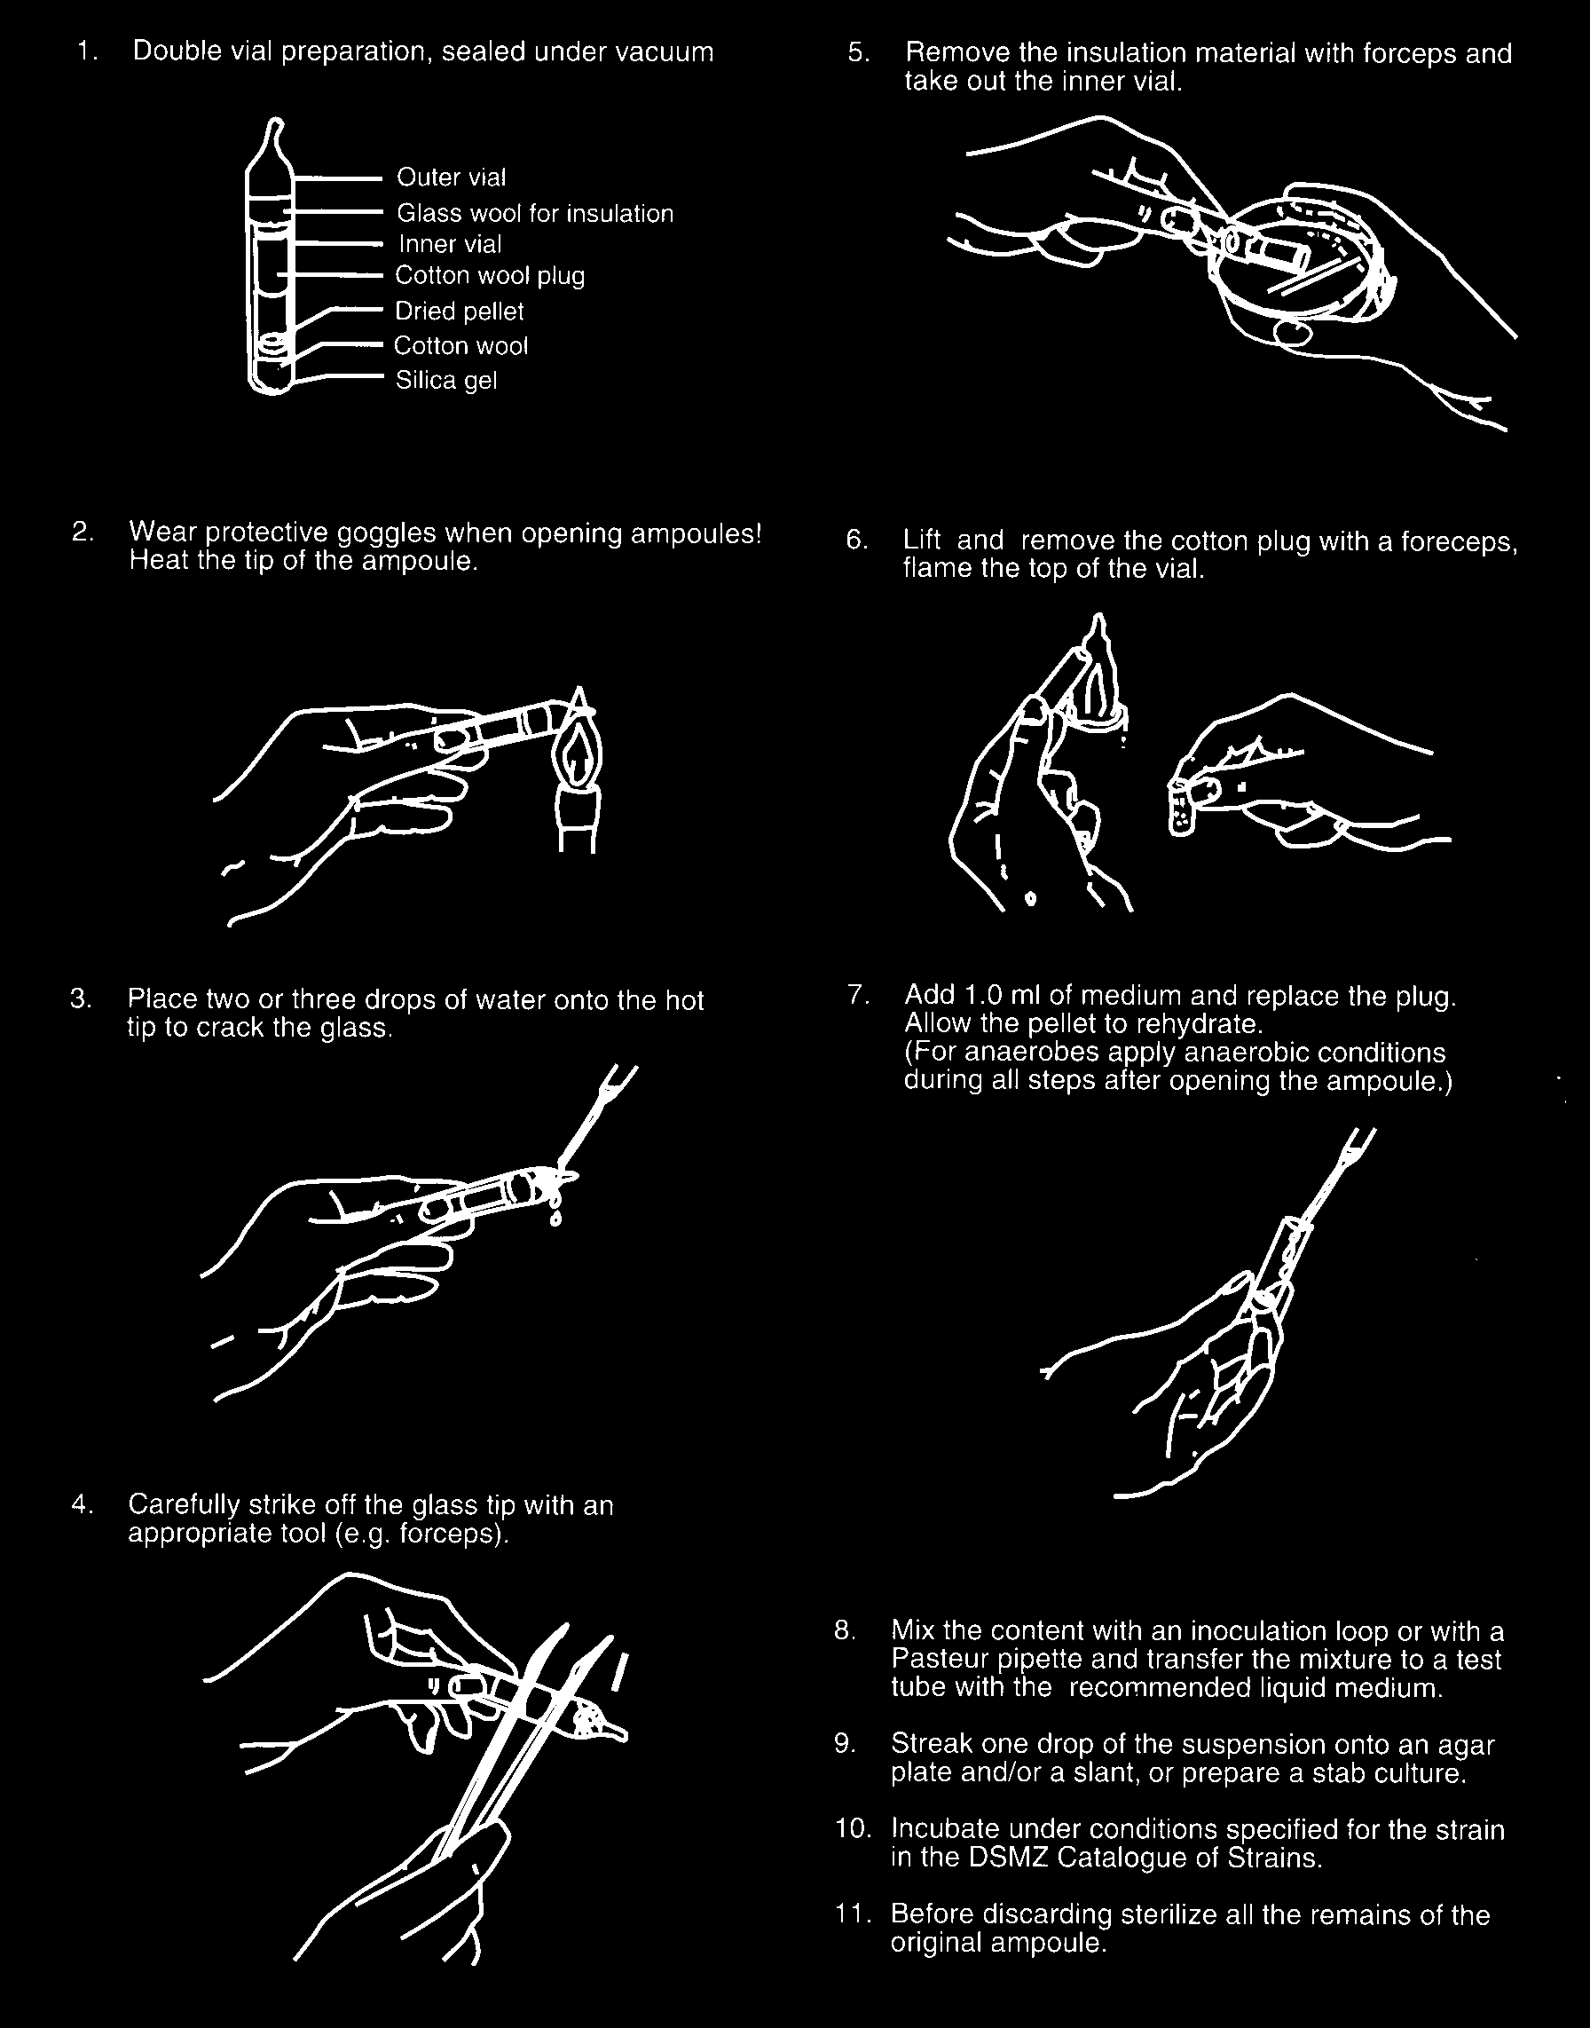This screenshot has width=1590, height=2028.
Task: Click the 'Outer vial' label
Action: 452,177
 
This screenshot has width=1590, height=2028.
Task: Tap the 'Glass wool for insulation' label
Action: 535,213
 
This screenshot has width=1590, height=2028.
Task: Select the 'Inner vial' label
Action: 451,244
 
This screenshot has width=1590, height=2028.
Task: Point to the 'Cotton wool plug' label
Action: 490,277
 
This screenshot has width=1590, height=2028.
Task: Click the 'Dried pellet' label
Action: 460,311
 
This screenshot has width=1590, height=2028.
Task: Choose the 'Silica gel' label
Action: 446,381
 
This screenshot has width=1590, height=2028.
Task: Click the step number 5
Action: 858,54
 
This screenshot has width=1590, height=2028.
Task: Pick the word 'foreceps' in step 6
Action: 1461,541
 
